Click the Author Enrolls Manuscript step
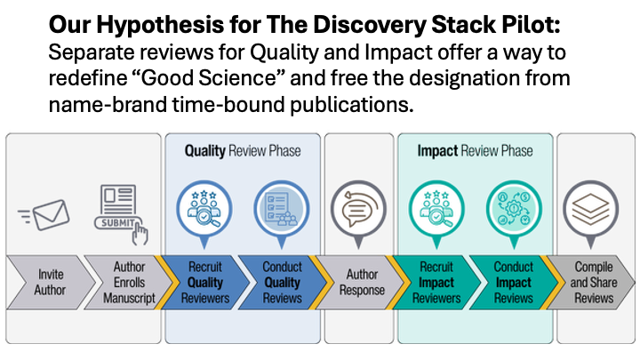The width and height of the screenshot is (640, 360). point(128,282)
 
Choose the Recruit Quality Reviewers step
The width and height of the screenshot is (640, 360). point(204,282)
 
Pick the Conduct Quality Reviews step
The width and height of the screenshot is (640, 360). point(282,282)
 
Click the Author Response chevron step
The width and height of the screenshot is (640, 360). point(361,282)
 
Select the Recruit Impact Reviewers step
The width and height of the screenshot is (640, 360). point(437,282)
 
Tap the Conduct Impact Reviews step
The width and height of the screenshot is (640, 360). point(513,282)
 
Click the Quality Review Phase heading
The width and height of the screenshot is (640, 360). point(242,151)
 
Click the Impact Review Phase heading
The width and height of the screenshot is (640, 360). point(475,151)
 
